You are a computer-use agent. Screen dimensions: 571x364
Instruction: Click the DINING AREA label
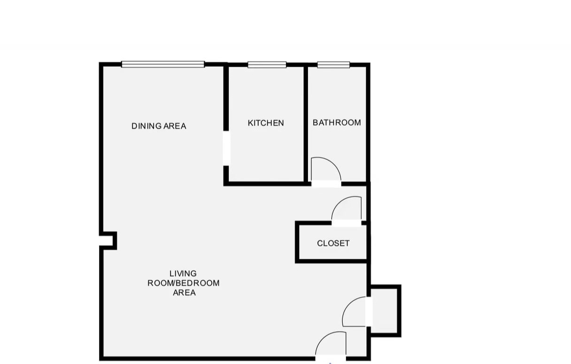pyautogui.click(x=159, y=126)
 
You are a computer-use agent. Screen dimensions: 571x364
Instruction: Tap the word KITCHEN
pyautogui.click(x=266, y=123)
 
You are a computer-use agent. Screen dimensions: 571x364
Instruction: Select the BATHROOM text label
pyautogui.click(x=337, y=123)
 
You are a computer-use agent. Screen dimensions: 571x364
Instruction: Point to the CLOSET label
pyautogui.click(x=333, y=243)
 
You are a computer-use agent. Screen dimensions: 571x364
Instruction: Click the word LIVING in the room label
pyautogui.click(x=183, y=273)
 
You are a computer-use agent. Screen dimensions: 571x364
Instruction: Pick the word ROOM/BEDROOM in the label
pyautogui.click(x=184, y=283)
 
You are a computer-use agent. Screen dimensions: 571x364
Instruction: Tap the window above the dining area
pyautogui.click(x=163, y=64)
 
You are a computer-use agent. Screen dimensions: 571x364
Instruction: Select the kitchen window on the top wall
pyautogui.click(x=267, y=65)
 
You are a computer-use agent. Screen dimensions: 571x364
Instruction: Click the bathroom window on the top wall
pyautogui.click(x=333, y=65)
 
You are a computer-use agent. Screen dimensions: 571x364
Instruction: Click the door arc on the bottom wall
pyautogui.click(x=323, y=337)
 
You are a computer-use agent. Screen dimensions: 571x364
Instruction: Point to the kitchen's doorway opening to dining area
pyautogui.click(x=226, y=148)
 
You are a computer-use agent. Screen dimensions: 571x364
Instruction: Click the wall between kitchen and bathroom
pyautogui.click(x=306, y=124)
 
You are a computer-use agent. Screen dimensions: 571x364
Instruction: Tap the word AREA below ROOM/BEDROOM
pyautogui.click(x=184, y=293)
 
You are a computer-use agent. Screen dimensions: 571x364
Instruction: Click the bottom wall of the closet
pyautogui.click(x=331, y=261)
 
